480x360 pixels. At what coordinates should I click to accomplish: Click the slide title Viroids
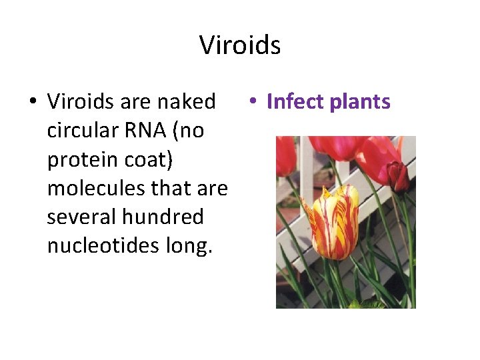[240, 45]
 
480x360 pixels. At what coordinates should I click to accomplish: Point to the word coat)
[133, 160]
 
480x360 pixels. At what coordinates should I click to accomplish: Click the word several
[74, 217]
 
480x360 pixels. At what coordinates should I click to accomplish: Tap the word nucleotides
[104, 246]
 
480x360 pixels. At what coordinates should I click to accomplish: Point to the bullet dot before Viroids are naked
[32, 102]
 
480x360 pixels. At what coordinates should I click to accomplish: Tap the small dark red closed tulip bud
[398, 177]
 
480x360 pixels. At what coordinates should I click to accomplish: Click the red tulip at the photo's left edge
[285, 156]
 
